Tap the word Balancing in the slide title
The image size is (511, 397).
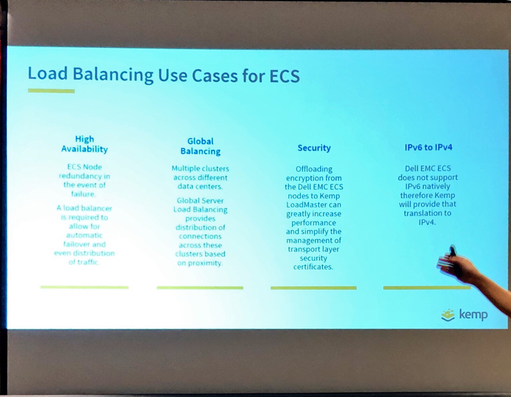(x=113, y=75)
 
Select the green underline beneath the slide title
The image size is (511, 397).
(x=51, y=91)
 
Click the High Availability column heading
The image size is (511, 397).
(x=84, y=144)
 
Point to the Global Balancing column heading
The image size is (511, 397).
(x=200, y=146)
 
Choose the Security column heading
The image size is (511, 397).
(x=314, y=148)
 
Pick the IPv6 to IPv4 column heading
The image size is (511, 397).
(x=428, y=147)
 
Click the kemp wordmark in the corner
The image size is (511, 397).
(x=473, y=315)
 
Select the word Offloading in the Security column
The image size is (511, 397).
(x=314, y=169)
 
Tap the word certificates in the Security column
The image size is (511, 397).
(x=313, y=267)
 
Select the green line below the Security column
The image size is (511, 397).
(x=313, y=288)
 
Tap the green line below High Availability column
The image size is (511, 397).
(x=85, y=287)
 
